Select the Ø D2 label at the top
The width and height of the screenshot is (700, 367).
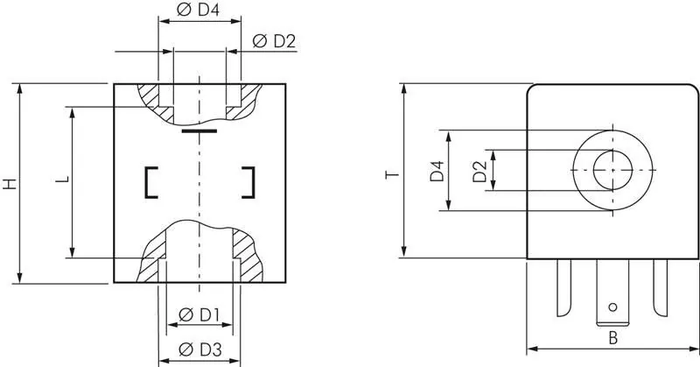274,40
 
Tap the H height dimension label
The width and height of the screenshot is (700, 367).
9,184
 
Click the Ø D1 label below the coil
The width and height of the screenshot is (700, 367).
199,314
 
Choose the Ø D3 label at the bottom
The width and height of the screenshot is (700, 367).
199,350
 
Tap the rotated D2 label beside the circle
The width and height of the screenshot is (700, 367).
478,171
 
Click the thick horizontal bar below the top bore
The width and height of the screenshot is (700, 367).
200,131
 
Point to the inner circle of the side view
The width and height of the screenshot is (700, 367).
612,168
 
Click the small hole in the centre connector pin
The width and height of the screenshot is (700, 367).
612,307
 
